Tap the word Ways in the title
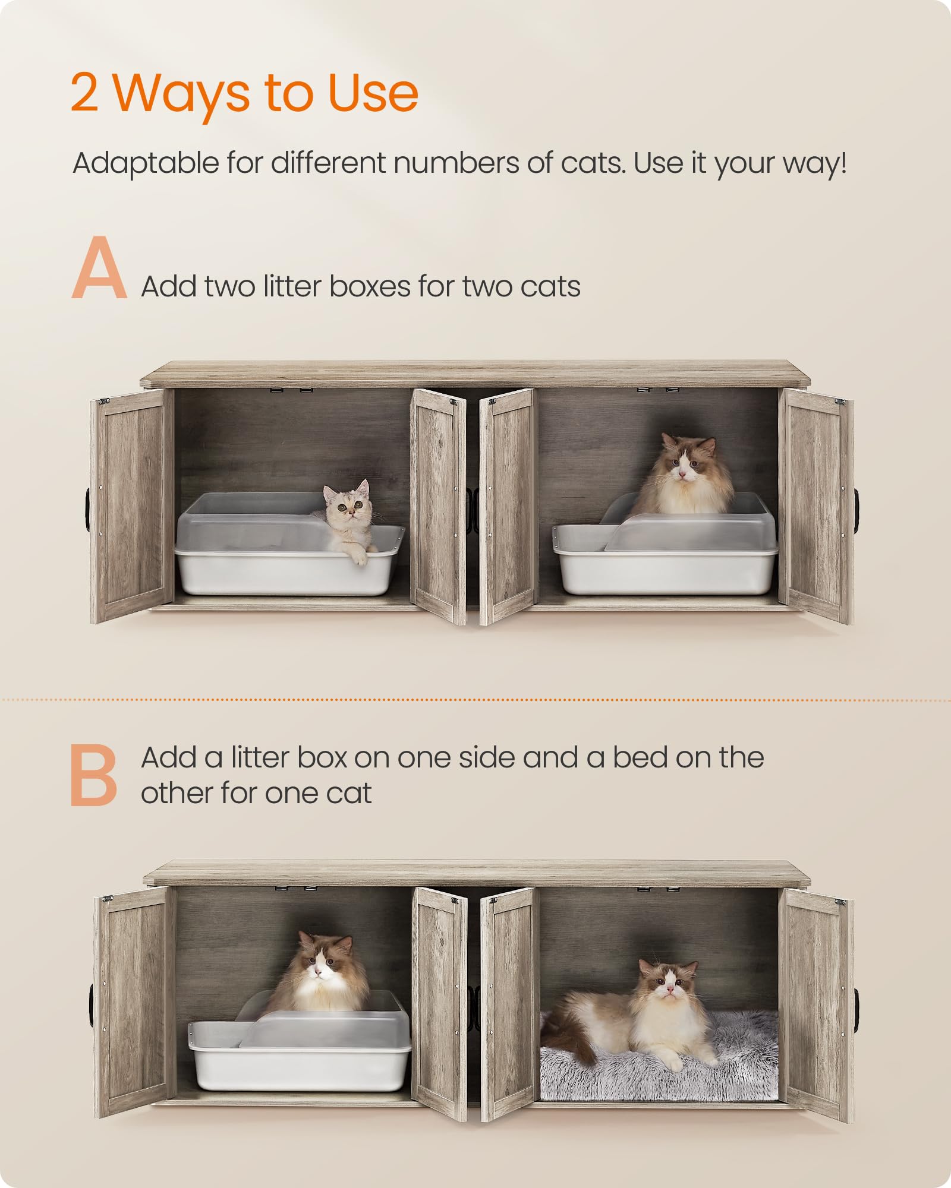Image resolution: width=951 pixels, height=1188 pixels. (x=181, y=94)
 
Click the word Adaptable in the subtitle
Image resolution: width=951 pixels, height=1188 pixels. (x=146, y=163)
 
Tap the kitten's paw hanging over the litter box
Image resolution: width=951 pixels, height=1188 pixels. (x=360, y=557)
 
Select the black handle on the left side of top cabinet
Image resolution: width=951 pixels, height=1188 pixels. (x=87, y=510)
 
